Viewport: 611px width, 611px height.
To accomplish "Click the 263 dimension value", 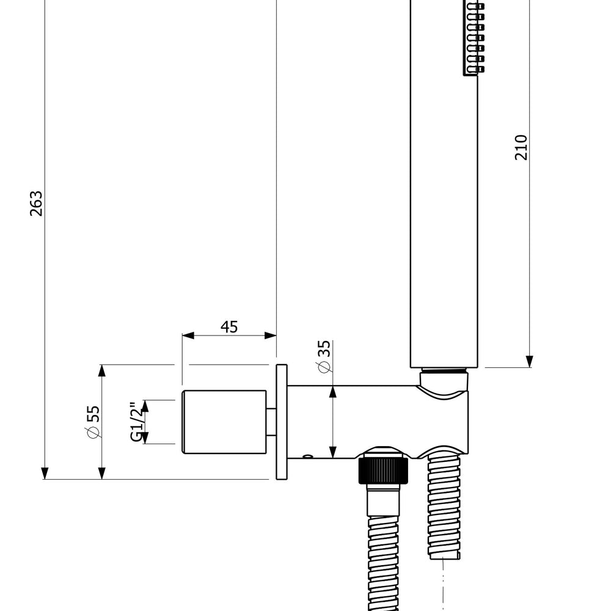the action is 36,203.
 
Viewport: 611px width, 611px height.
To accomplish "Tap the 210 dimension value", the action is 521,147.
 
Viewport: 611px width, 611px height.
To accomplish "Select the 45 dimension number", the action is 229,327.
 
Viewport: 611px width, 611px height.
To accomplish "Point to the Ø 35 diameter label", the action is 324,357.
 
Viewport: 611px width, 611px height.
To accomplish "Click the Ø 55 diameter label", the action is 93,422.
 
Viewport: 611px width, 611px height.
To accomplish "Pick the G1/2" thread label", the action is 137,422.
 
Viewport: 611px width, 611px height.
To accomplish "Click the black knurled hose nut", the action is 383,470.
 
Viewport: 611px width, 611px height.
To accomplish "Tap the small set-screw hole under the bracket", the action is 307,456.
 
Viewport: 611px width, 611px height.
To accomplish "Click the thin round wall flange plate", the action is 281,422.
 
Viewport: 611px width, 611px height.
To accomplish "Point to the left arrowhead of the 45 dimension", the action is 188,335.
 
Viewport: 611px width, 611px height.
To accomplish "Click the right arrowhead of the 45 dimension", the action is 271,335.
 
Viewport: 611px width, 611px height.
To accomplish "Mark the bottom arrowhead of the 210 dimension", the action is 529,361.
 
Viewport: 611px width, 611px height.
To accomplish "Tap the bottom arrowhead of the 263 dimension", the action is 45,473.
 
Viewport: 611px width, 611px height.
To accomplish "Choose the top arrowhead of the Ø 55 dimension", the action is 101,371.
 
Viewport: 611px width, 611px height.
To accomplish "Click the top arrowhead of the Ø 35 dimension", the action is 333,392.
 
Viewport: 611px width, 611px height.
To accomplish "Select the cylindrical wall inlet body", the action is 224,422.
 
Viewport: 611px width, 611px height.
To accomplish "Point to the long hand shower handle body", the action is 444,184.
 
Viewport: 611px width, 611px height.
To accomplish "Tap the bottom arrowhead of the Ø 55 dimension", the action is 101,473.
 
